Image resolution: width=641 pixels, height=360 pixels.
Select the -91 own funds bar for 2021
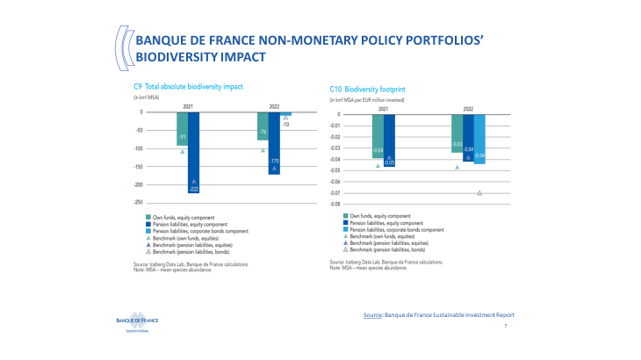[x=181, y=128]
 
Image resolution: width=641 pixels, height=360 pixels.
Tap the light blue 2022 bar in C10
[x=479, y=139]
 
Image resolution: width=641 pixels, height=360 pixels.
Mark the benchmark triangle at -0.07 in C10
[x=479, y=193]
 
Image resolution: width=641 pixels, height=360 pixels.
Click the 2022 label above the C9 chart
[x=274, y=105]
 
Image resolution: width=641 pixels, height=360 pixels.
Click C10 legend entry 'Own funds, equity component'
[x=378, y=215]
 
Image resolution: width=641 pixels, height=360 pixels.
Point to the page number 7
[x=506, y=326]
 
